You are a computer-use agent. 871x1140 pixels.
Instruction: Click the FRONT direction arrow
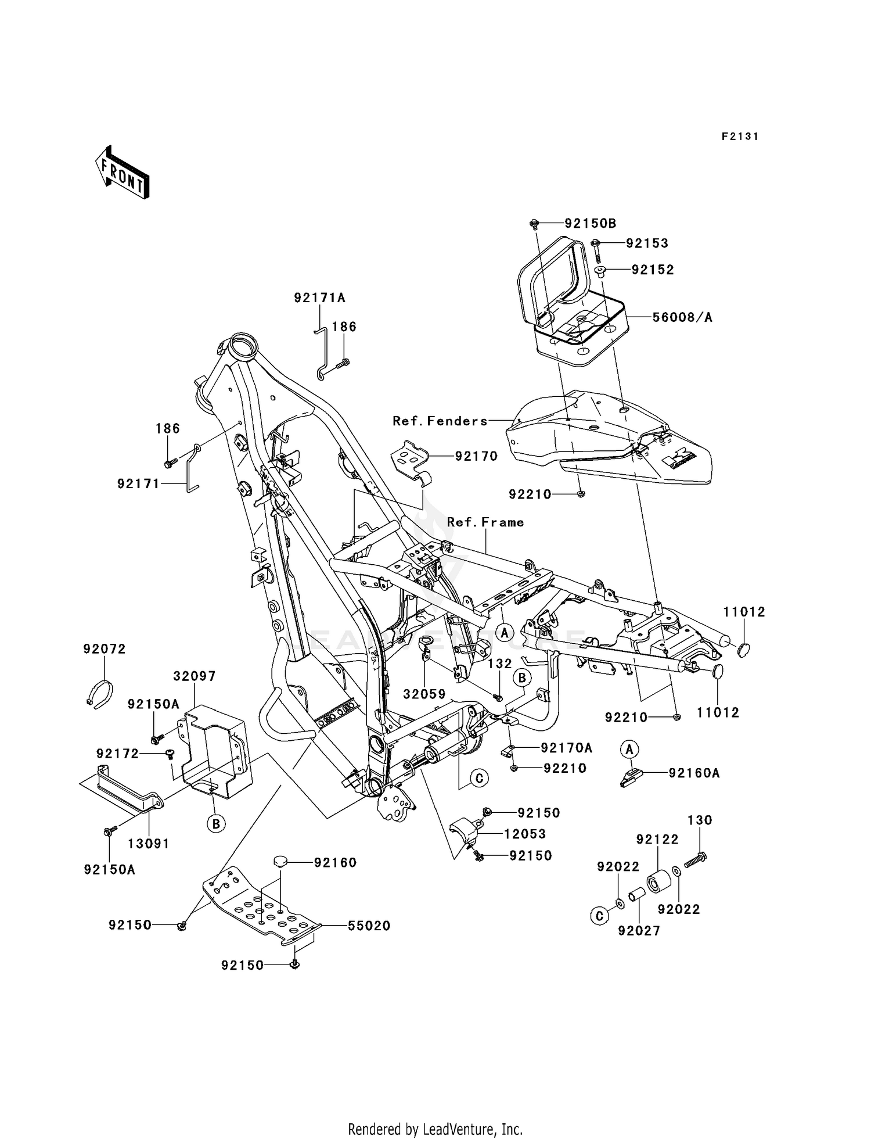tap(123, 174)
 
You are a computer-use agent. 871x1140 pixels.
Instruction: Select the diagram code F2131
tap(740, 137)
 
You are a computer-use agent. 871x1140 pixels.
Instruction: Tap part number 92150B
tap(591, 224)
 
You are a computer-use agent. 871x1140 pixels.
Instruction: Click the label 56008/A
tap(682, 317)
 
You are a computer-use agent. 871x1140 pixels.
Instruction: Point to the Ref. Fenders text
tap(440, 421)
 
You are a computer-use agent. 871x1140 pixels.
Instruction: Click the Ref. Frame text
tap(485, 522)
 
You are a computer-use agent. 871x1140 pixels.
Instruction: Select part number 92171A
tap(319, 298)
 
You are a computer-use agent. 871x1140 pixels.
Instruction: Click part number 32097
tap(195, 676)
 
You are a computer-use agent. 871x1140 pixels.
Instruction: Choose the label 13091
tap(149, 844)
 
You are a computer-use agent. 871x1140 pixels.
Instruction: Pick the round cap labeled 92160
tap(282, 861)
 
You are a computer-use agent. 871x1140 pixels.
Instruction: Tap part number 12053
tap(525, 834)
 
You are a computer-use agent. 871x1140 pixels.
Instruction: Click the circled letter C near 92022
tap(599, 916)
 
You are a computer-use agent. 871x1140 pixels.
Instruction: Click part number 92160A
tap(694, 773)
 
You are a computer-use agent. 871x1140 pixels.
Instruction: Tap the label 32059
tap(424, 694)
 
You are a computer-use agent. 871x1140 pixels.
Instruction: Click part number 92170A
tap(566, 747)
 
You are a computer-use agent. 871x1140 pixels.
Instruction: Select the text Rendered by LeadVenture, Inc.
tap(435, 1130)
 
